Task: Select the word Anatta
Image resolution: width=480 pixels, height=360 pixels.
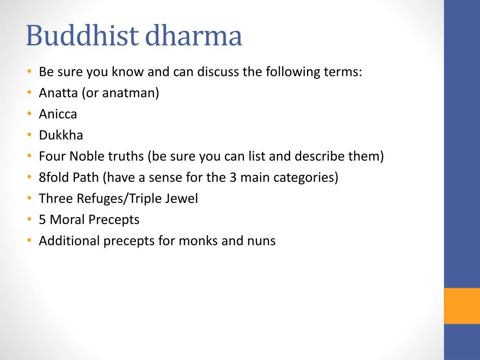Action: [59, 93]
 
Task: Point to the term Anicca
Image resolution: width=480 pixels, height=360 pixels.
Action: [58, 114]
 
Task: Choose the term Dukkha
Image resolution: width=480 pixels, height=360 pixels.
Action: [61, 135]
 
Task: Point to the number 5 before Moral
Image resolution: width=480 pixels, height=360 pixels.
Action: [42, 219]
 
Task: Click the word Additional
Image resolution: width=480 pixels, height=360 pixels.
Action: [69, 240]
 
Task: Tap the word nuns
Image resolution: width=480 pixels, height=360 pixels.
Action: [261, 240]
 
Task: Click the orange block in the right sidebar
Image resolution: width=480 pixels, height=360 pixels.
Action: [462, 306]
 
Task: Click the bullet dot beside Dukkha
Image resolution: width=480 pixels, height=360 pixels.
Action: [29, 135]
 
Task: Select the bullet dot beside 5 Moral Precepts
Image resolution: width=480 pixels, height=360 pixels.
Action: [29, 219]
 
